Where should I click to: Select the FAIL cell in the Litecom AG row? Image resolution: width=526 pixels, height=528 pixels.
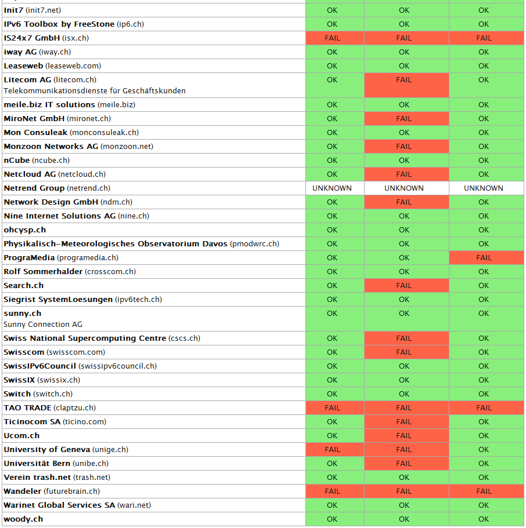pyautogui.click(x=404, y=80)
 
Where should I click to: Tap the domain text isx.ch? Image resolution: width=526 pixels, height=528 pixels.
pyautogui.click(x=75, y=38)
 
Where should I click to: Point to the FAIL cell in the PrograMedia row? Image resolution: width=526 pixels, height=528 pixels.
pyautogui.click(x=484, y=258)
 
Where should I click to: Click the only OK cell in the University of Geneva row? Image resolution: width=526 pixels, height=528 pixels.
pyautogui.click(x=484, y=450)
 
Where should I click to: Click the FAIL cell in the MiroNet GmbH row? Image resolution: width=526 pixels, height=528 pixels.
pyautogui.click(x=404, y=119)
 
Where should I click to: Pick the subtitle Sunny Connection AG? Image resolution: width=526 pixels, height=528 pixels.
pyautogui.click(x=43, y=325)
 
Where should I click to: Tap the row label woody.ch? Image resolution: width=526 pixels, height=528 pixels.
pyautogui.click(x=23, y=519)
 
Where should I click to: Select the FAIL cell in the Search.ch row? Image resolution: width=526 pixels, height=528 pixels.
pyautogui.click(x=404, y=286)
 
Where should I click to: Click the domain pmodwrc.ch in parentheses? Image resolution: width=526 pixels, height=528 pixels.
pyautogui.click(x=254, y=244)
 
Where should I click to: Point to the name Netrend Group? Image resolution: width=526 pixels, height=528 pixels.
pyautogui.click(x=34, y=188)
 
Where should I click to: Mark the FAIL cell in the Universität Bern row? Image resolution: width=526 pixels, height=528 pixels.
pyautogui.click(x=404, y=464)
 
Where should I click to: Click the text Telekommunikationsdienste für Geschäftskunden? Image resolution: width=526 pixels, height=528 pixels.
pyautogui.click(x=95, y=91)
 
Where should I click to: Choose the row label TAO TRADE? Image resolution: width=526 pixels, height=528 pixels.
pyautogui.click(x=28, y=408)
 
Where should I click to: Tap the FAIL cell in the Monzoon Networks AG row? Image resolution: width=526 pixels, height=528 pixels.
pyautogui.click(x=404, y=147)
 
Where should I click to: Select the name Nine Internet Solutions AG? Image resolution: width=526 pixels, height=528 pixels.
pyautogui.click(x=60, y=216)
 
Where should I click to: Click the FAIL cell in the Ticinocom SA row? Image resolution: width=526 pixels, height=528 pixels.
pyautogui.click(x=404, y=422)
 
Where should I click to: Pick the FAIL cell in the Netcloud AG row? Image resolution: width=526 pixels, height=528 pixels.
pyautogui.click(x=404, y=174)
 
